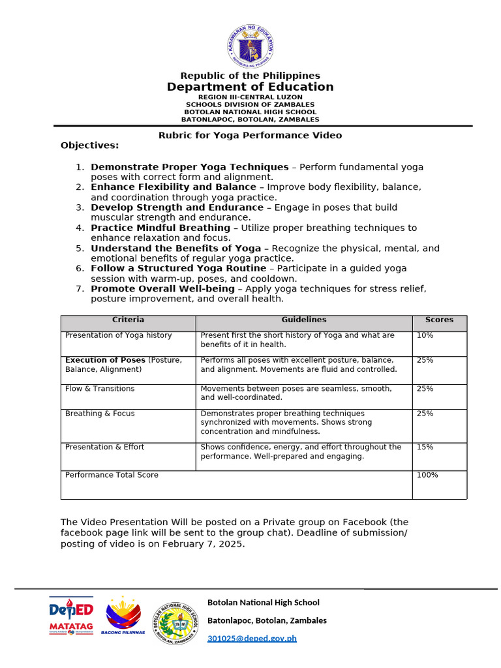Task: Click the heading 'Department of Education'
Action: pos(250,87)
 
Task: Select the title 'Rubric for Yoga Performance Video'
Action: pos(250,135)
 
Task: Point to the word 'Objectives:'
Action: pos(90,145)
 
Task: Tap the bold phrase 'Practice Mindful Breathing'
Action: pos(160,228)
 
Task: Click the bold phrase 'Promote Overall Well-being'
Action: pos(163,288)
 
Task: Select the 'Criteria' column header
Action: pos(128,320)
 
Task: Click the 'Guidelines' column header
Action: pos(303,320)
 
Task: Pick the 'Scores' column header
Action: pos(439,320)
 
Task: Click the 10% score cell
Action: pos(425,335)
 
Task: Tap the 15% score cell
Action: pos(425,447)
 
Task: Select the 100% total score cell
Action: pos(427,475)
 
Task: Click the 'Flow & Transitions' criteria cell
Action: pos(100,389)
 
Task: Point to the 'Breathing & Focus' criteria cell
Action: pos(100,414)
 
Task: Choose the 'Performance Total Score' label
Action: pos(112,475)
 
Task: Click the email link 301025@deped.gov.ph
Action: pos(252,638)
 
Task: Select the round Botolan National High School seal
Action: pos(176,623)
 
